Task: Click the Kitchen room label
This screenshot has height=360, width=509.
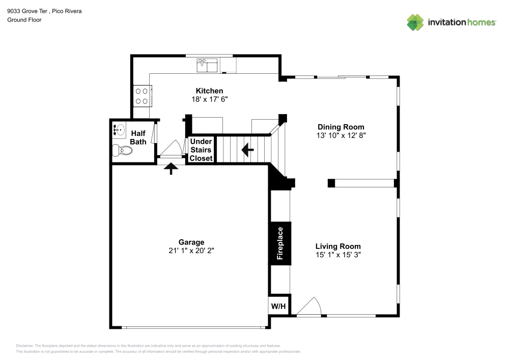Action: pos(209,91)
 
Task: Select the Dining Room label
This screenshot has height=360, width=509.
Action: pos(341,127)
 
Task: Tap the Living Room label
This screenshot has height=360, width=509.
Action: pos(338,246)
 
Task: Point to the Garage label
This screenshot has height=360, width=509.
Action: pos(191,242)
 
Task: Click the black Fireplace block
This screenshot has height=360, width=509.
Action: pos(279,243)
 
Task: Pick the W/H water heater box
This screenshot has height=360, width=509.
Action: pos(278,306)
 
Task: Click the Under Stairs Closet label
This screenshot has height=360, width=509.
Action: pos(201,150)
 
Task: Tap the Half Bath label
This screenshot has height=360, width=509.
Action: pos(138,137)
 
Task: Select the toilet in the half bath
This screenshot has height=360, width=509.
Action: pos(122,151)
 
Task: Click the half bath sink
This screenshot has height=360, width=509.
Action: pos(119,130)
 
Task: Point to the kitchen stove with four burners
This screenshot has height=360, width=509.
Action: pos(142,96)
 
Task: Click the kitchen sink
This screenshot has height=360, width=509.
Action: pos(207,65)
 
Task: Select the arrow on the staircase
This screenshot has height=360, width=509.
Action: pos(247,150)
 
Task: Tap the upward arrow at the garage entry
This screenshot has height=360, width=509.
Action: pos(171,168)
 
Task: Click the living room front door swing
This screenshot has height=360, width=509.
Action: pos(309,307)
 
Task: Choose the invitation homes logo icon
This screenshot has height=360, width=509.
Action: pos(415,22)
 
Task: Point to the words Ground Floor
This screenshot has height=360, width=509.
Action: pos(24,20)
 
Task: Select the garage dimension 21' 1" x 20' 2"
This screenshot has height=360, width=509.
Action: pos(191,251)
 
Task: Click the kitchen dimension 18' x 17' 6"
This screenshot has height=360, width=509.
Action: pos(209,99)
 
